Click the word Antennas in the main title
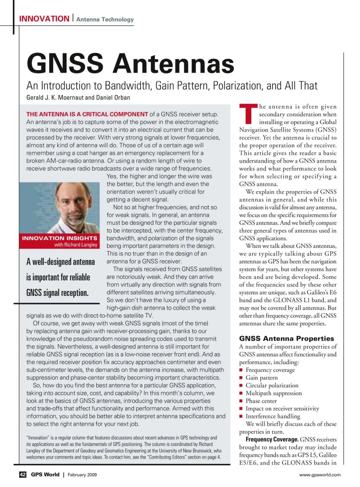click(x=173, y=63)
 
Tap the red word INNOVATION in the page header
click(x=44, y=19)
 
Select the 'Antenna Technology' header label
click(x=105, y=19)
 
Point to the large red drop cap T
click(x=248, y=114)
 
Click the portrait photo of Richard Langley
click(x=60, y=207)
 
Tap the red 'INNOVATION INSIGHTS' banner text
click(x=60, y=238)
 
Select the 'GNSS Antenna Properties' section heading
click(x=286, y=339)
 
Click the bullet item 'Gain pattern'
click(x=262, y=378)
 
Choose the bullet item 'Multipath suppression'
click(x=274, y=393)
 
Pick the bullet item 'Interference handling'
click(x=273, y=416)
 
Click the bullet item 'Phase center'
click(x=261, y=401)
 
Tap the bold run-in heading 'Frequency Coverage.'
click(x=272, y=440)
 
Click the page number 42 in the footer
click(x=23, y=475)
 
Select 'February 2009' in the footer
click(x=82, y=475)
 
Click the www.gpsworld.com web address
click(x=320, y=475)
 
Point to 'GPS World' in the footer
click(x=45, y=475)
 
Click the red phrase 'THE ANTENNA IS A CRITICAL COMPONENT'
click(x=87, y=114)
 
